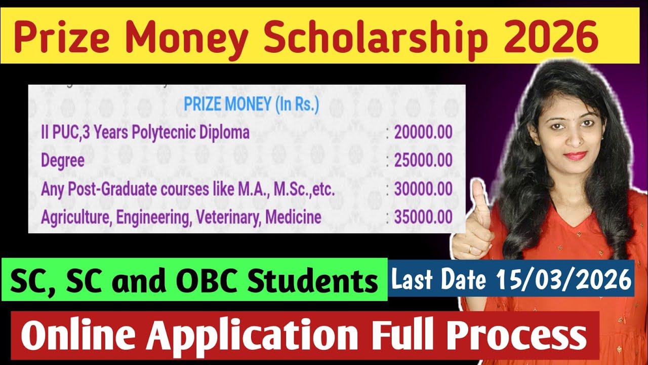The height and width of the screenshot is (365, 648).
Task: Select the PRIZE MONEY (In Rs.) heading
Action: pyautogui.click(x=251, y=105)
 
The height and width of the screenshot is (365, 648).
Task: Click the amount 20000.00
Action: pyautogui.click(x=423, y=133)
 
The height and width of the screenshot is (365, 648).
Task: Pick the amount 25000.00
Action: pyautogui.click(x=423, y=161)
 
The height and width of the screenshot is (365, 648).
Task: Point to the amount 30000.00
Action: pyautogui.click(x=423, y=190)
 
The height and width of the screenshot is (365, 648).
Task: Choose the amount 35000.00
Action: pyautogui.click(x=423, y=217)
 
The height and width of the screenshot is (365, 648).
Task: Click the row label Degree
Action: pyautogui.click(x=63, y=161)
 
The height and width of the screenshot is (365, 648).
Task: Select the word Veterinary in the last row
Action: pyautogui.click(x=228, y=217)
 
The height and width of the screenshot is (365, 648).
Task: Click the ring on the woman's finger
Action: pyautogui.click(x=471, y=249)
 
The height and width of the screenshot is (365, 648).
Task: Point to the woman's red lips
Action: pyautogui.click(x=574, y=155)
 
